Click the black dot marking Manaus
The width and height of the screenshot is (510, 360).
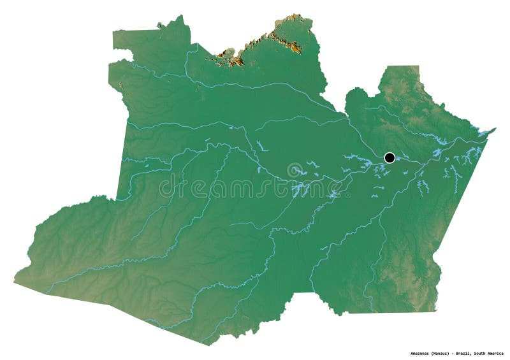point(390,157)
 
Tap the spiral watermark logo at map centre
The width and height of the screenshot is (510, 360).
point(295,171)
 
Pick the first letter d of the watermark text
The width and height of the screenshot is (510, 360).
point(164,187)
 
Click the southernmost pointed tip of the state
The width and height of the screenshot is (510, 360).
point(207,345)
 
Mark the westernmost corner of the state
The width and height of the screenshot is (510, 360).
point(15,281)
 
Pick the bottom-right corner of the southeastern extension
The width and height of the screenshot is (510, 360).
point(436,311)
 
